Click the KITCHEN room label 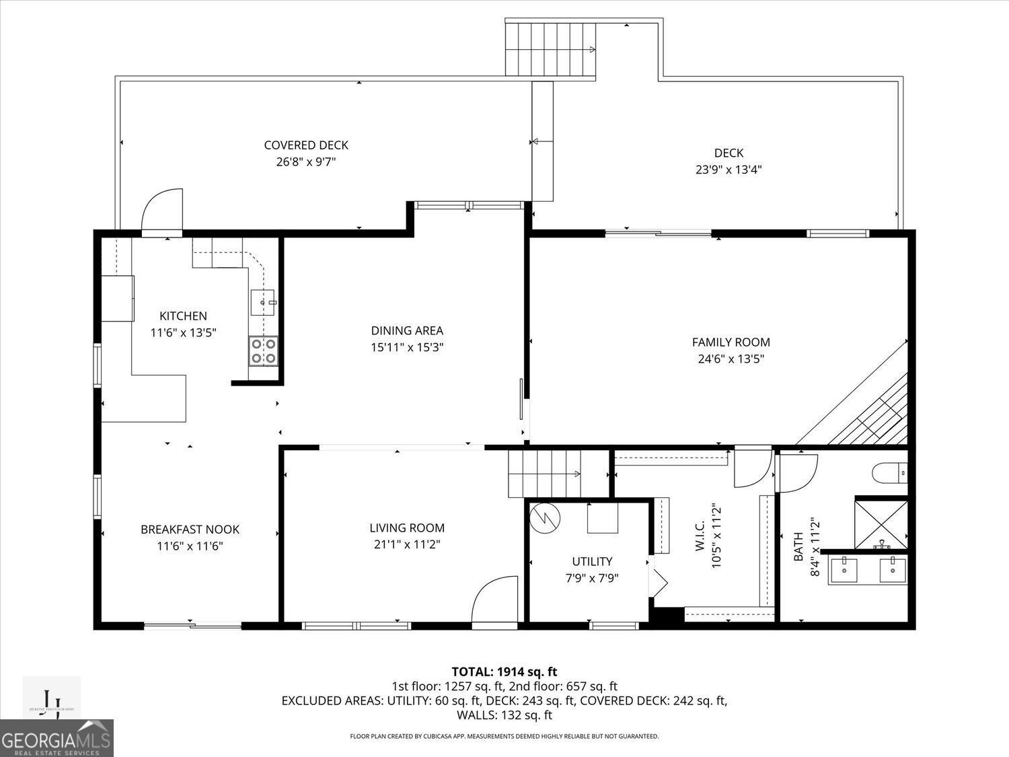pyautogui.click(x=183, y=316)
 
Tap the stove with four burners pyautogui.click(x=263, y=351)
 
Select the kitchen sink pyautogui.click(x=263, y=303)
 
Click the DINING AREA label pyautogui.click(x=407, y=330)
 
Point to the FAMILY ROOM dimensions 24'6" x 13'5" pyautogui.click(x=731, y=359)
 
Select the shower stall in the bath pyautogui.click(x=881, y=523)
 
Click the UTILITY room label pyautogui.click(x=592, y=561)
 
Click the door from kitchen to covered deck pyautogui.click(x=162, y=210)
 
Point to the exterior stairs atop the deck pyautogui.click(x=551, y=49)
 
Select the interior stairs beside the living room pyautogui.click(x=545, y=474)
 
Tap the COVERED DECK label pyautogui.click(x=306, y=145)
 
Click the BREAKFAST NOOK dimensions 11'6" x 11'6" pyautogui.click(x=190, y=546)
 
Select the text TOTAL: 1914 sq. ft pyautogui.click(x=504, y=672)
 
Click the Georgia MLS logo pyautogui.click(x=57, y=739)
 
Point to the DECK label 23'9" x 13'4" pyautogui.click(x=728, y=161)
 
